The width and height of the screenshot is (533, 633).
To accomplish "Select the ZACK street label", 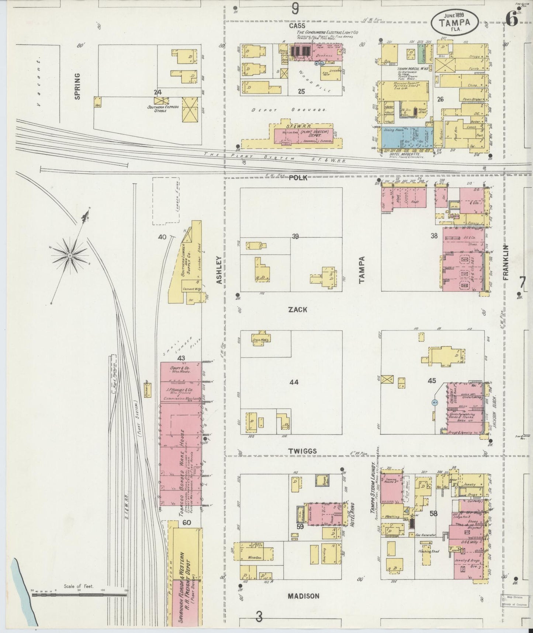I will [297, 310].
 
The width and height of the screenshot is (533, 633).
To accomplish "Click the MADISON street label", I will [303, 596].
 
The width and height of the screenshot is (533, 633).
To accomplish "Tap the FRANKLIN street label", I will [505, 263].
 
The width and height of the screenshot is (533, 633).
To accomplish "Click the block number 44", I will [294, 382].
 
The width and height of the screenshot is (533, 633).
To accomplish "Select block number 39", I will [295, 236].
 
